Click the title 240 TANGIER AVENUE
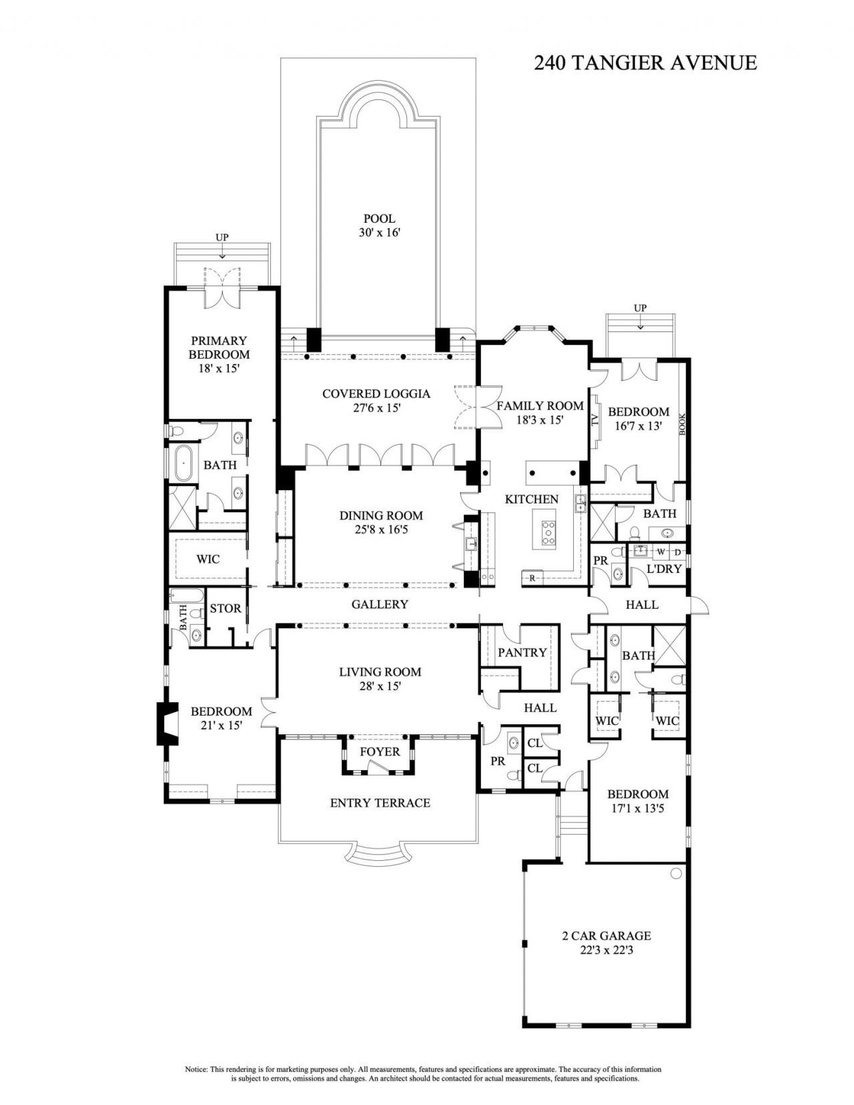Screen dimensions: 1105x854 coord(645,63)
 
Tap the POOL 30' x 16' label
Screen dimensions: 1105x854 coord(379,225)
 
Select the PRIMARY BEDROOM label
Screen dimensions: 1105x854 coord(219,353)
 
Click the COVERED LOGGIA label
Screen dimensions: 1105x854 coord(376,400)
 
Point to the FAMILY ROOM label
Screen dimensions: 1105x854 coord(540,412)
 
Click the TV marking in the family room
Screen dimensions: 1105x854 coord(594,420)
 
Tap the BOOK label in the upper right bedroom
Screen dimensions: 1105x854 coord(683,424)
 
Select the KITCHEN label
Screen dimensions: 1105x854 coord(531,499)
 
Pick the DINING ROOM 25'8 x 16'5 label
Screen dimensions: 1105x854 coord(381,522)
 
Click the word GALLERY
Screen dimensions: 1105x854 coord(380,604)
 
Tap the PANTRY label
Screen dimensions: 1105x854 coord(522,652)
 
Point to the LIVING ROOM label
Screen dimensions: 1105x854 coord(380,678)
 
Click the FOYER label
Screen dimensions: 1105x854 coord(380,752)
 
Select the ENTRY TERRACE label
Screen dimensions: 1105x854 coord(380,802)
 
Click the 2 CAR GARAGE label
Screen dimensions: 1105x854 coord(606,942)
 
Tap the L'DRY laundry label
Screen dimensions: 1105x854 coord(664,569)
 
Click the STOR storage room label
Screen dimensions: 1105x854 coord(226,608)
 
